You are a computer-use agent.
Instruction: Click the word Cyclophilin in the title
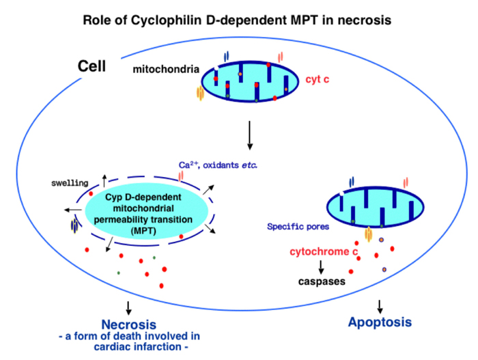pos(167,20)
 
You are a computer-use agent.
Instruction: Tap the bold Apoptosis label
pos(380,321)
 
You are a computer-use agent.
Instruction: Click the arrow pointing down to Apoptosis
pos(380,305)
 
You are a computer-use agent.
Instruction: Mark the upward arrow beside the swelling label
pos(104,180)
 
